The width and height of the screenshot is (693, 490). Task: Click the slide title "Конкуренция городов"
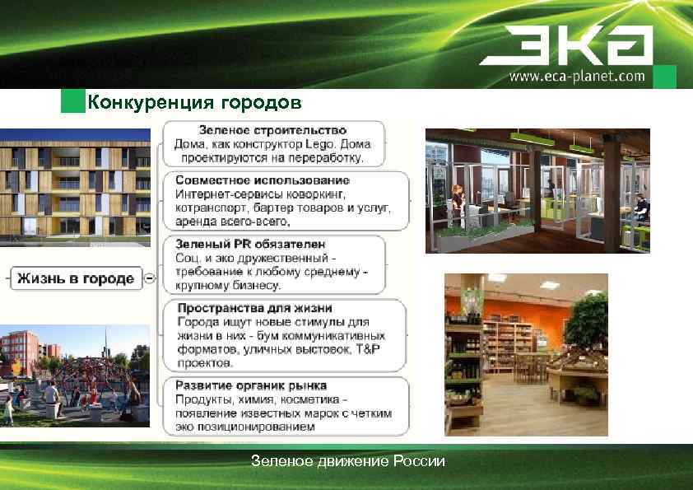(x=194, y=102)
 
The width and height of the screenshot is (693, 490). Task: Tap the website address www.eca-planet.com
(x=577, y=77)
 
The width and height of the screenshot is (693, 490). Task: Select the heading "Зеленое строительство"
(x=272, y=130)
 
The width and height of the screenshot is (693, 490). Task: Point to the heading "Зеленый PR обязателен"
(x=250, y=245)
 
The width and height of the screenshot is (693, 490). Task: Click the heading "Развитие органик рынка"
(x=251, y=385)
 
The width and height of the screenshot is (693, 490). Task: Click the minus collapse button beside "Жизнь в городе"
(x=148, y=278)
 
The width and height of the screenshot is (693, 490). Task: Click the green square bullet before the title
(x=73, y=102)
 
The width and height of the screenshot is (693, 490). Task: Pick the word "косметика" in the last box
(x=301, y=399)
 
